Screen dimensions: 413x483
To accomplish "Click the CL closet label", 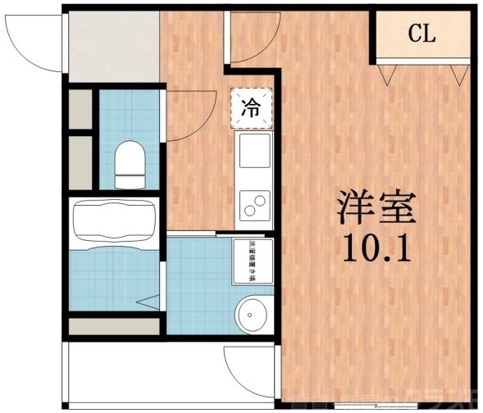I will pyautogui.click(x=422, y=34).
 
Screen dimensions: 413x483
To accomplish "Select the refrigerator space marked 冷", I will pyautogui.click(x=252, y=107).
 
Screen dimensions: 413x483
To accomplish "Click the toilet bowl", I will pyautogui.click(x=128, y=161).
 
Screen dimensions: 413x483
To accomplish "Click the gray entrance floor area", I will pyautogui.click(x=112, y=45).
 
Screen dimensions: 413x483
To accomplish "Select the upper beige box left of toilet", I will pyautogui.click(x=80, y=109).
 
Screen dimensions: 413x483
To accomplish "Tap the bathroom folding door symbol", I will pyautogui.click(x=148, y=302).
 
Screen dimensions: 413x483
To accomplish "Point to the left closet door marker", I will pyautogui.click(x=390, y=74).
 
